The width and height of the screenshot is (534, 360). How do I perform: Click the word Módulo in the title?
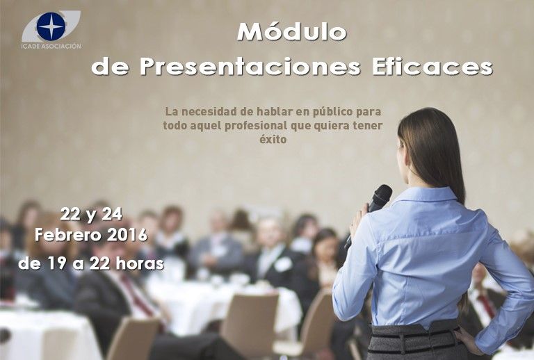[291, 32]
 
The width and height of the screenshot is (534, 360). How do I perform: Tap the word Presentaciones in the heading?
[250, 66]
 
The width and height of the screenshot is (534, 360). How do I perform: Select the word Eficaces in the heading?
[432, 66]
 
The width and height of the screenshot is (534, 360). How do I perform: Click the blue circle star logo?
[51, 26]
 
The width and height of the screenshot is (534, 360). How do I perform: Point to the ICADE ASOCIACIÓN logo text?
[51, 47]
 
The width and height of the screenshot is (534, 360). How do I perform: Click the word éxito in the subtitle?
[273, 139]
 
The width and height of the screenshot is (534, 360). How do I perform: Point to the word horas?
[140, 263]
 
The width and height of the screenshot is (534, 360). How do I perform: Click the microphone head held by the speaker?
[382, 196]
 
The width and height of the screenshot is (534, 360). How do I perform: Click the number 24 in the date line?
[111, 214]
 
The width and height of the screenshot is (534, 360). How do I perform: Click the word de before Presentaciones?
[110, 67]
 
